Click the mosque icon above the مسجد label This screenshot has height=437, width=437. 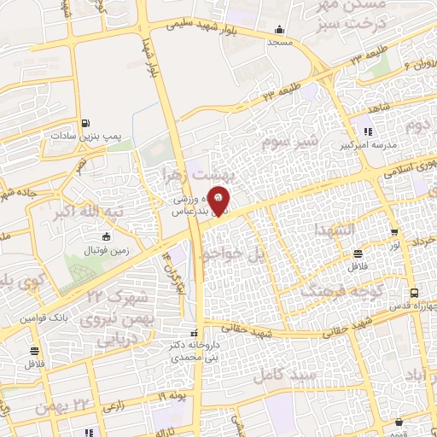point(280,29)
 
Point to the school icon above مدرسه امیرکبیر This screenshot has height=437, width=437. point(368,131)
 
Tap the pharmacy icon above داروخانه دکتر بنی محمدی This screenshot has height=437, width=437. point(195,333)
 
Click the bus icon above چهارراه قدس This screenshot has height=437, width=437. point(414,292)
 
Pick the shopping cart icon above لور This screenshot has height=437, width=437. point(393,232)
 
